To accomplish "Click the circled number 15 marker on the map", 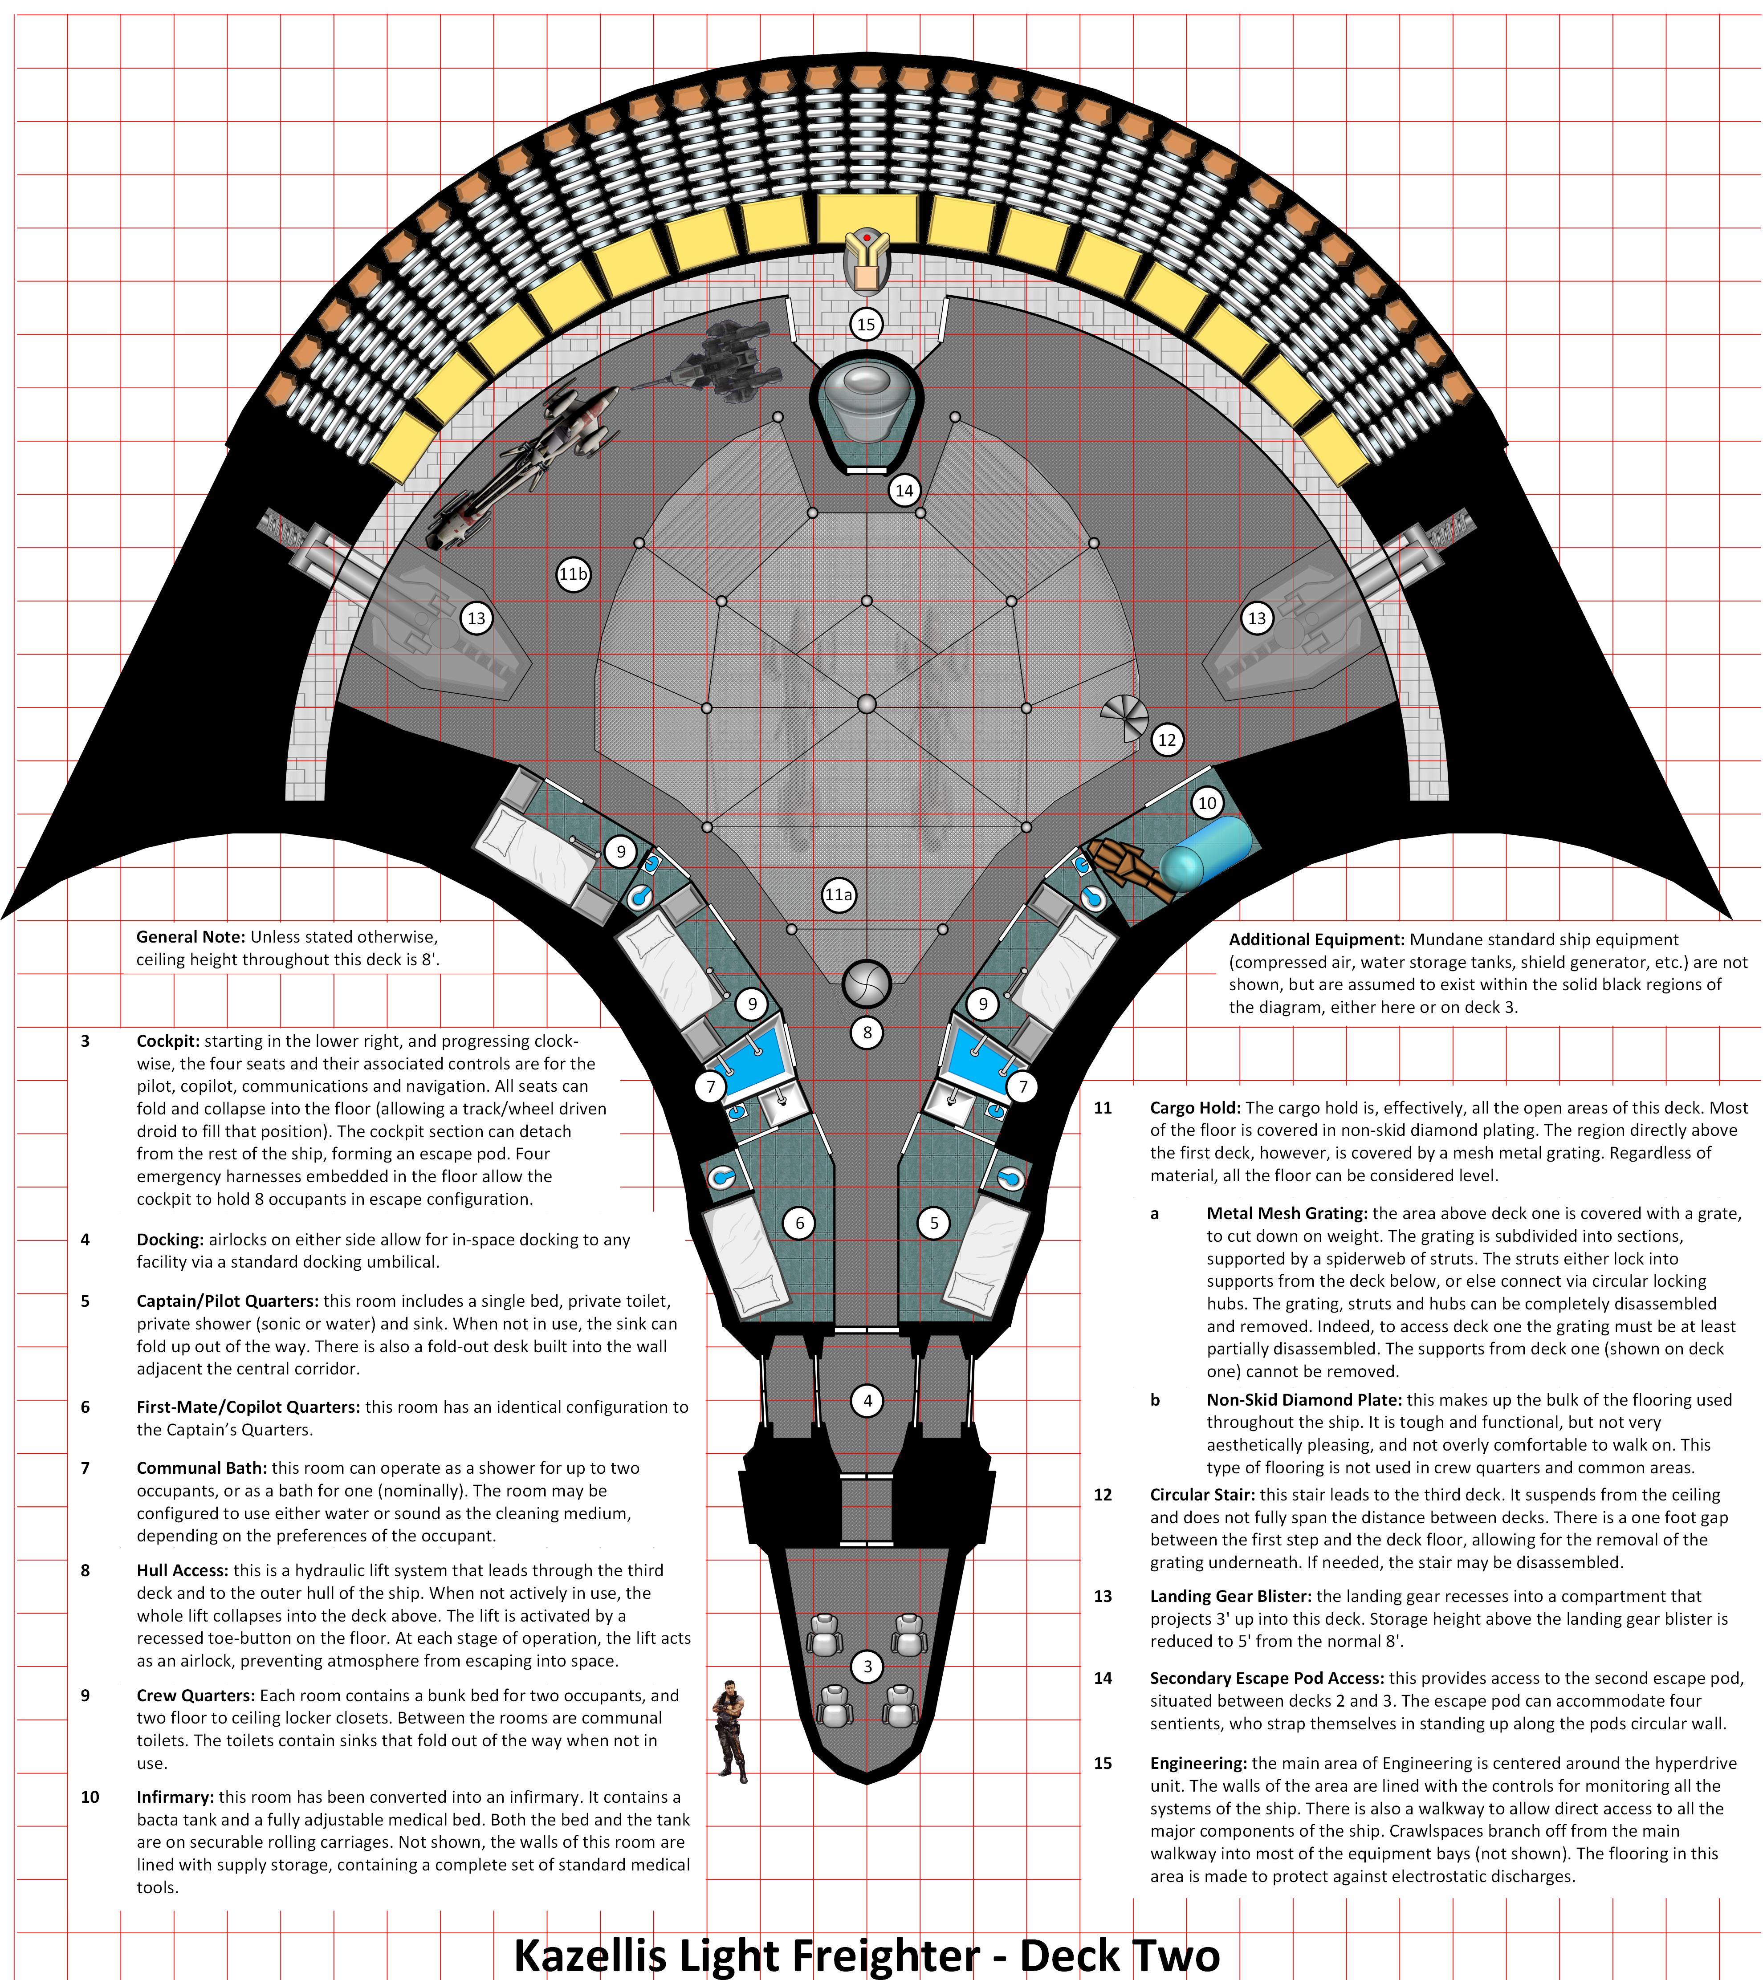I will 866,325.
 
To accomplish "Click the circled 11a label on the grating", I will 839,895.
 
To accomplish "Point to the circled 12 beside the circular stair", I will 1167,740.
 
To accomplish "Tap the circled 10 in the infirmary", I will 1207,803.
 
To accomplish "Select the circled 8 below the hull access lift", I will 867,1033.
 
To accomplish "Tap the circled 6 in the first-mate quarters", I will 800,1224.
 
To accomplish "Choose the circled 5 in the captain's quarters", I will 934,1224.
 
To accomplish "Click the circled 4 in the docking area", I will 867,1400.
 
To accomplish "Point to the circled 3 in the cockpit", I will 867,1666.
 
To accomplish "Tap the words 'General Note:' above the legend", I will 191,938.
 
